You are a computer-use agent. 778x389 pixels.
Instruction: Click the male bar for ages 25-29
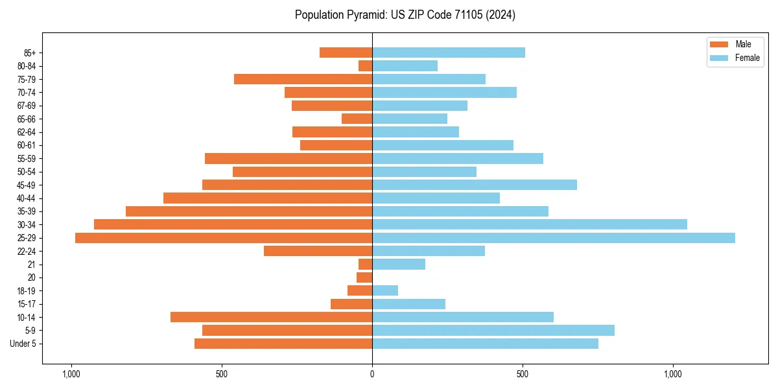[224, 238]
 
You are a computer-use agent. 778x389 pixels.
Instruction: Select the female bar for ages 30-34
[529, 224]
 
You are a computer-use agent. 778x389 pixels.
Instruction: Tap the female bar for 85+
[448, 53]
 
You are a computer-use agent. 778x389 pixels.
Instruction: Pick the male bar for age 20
[364, 277]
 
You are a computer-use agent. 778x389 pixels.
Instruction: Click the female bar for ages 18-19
[385, 290]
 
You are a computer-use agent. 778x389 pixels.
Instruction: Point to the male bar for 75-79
[303, 79]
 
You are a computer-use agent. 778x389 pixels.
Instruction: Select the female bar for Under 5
[485, 344]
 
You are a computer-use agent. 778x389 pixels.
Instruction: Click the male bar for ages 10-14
[271, 317]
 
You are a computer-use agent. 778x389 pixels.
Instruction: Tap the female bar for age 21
[399, 264]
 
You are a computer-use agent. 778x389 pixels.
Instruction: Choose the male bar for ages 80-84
[365, 65]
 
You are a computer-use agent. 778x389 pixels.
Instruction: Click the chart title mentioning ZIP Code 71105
[405, 15]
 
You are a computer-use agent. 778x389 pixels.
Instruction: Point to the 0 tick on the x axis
[372, 374]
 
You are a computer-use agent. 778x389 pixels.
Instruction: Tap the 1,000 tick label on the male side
[71, 374]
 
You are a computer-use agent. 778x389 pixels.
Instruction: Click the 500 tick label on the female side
[523, 374]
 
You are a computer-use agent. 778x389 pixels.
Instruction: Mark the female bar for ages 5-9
[493, 330]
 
